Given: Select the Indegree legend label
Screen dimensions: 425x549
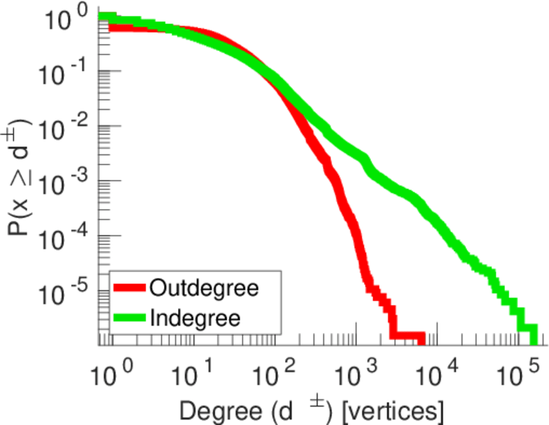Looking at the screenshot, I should tap(195, 317).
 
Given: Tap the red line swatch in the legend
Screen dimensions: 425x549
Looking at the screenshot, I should tap(130, 288).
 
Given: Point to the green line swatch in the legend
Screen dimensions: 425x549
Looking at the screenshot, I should tap(130, 317).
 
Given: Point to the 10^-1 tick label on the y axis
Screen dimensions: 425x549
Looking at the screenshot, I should tap(68, 72).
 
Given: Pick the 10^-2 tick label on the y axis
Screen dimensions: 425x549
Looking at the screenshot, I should tap(68, 127).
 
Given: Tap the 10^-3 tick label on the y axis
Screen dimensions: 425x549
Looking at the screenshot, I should tap(68, 181).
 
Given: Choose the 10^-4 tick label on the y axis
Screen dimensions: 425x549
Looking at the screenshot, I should tap(68, 236).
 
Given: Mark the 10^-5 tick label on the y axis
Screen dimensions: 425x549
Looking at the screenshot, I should tap(68, 290).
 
